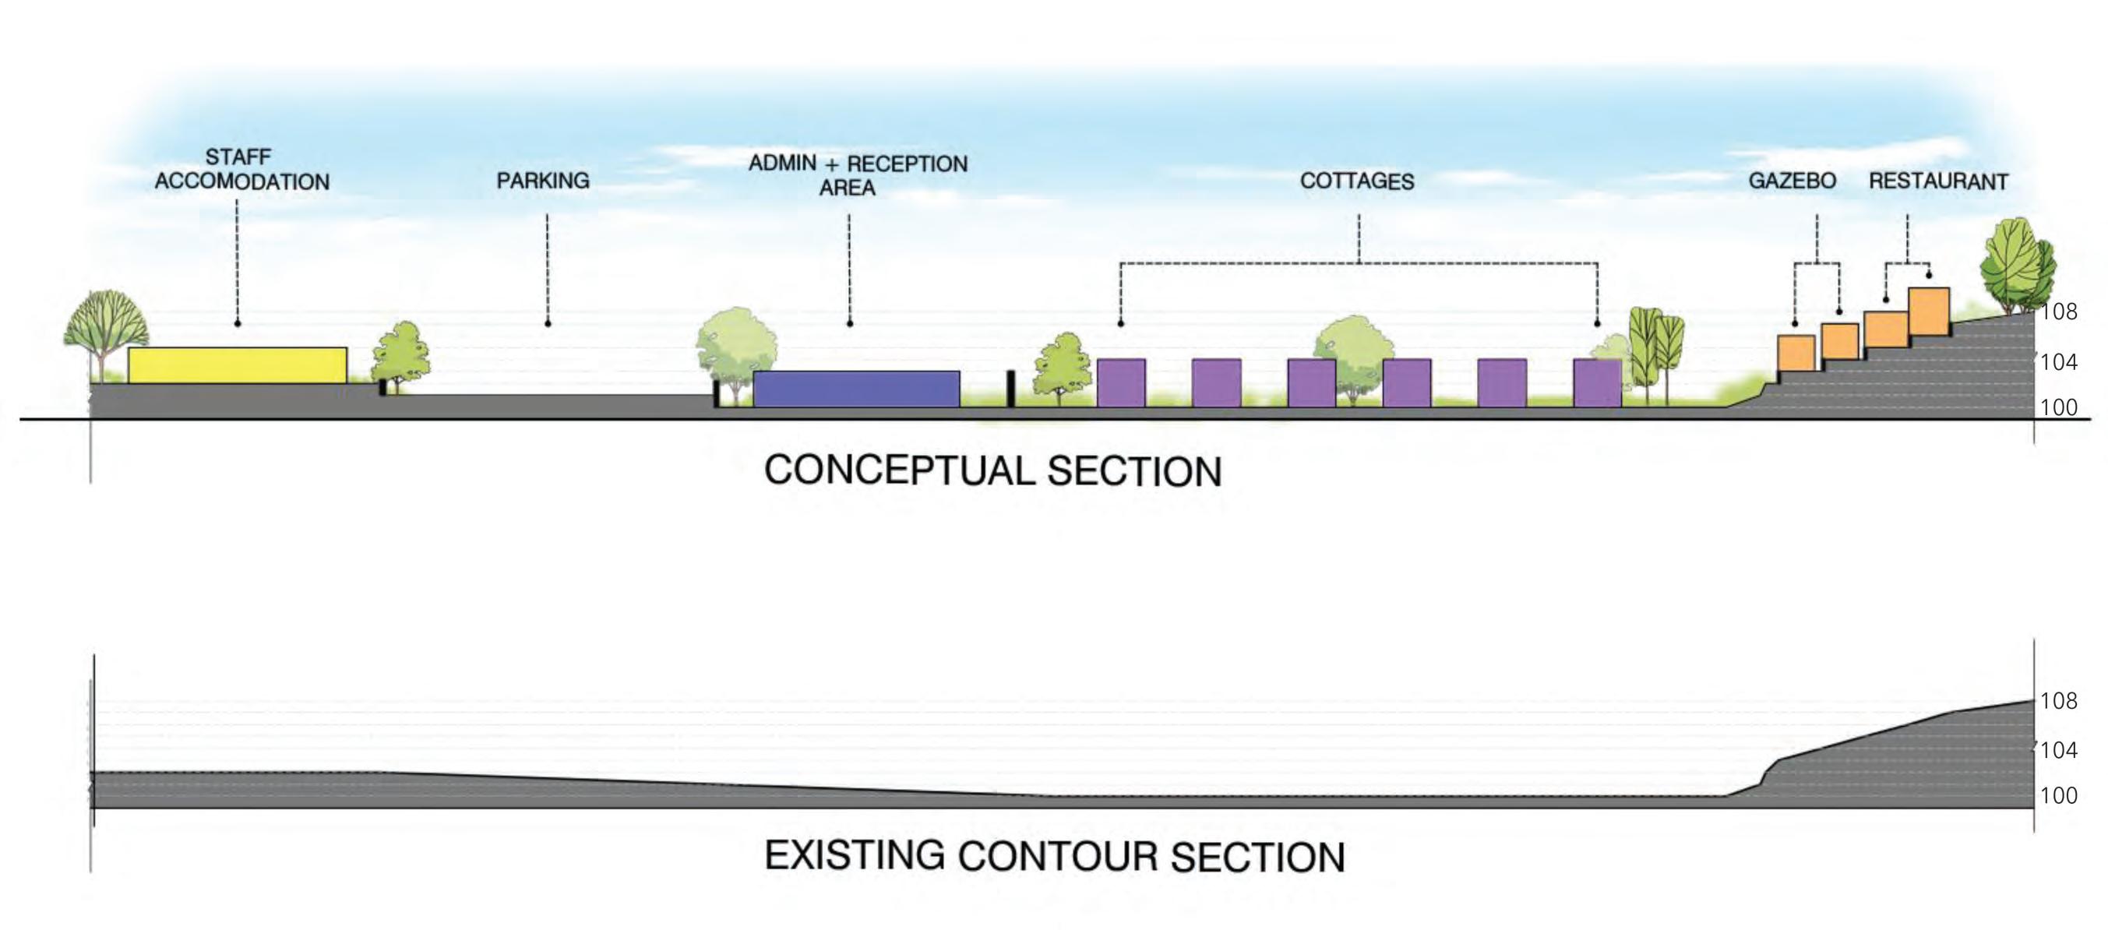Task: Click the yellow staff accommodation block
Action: (238, 365)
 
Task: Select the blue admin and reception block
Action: (856, 389)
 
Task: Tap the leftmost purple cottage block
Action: (1120, 382)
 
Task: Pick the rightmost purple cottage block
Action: (1596, 382)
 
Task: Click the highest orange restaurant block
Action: (1929, 311)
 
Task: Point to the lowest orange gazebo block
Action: (1796, 353)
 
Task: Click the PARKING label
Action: (542, 181)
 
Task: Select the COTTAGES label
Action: (1357, 181)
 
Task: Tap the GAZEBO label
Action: (1793, 181)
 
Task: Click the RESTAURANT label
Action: (1938, 181)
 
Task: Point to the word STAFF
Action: (238, 157)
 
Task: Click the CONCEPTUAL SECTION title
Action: (992, 471)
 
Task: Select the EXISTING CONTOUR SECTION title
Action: (1054, 856)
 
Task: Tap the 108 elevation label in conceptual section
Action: (2058, 312)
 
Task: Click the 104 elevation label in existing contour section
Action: (2058, 749)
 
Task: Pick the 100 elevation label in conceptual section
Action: (2058, 407)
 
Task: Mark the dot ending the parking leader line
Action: (548, 324)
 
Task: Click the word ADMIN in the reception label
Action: (781, 163)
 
